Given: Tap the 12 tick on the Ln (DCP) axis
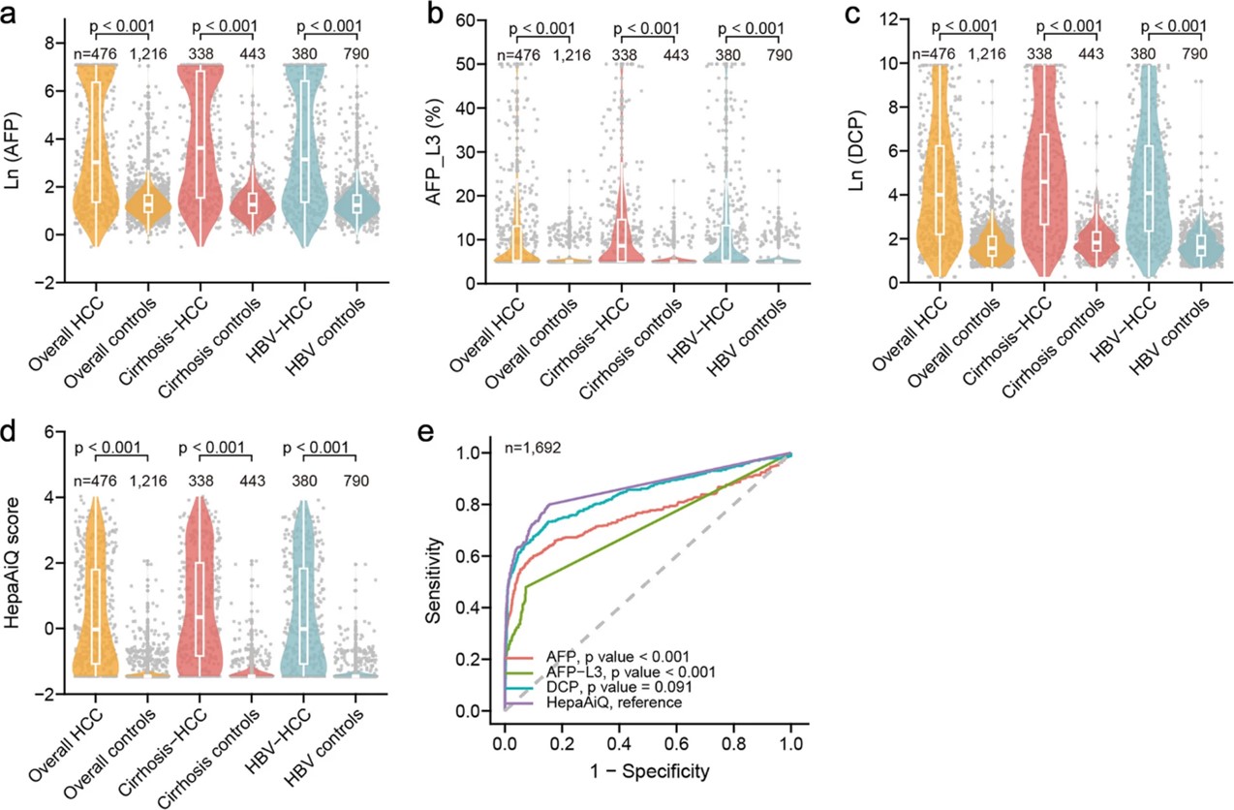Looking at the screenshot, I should tap(880, 19).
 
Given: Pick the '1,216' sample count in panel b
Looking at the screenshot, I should tap(571, 54).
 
